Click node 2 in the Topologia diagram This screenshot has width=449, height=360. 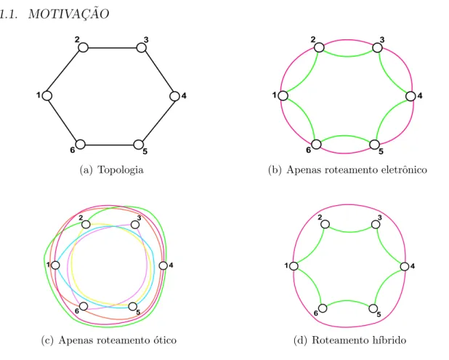coord(83,47)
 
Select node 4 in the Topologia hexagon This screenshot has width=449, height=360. coord(174,96)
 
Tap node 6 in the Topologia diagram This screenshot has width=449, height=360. coord(80,145)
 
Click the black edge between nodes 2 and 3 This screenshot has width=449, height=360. coord(112,47)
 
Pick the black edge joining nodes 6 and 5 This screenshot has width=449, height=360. coord(110,145)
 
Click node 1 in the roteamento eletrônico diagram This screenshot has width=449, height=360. coord(283,96)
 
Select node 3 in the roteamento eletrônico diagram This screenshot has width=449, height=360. coord(377,47)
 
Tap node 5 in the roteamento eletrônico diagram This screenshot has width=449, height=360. coord(375,145)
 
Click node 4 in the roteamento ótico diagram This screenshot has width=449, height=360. coord(163,265)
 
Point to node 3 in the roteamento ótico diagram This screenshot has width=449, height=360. coord(135,225)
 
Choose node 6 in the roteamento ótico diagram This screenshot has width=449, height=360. coord(84,306)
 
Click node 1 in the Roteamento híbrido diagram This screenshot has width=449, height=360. coord(294,266)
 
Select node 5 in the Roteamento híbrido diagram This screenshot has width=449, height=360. coord(373,308)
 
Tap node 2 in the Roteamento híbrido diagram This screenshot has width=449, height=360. coord(325,224)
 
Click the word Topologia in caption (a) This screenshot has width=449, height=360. coord(121,170)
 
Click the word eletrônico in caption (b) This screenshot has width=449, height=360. coord(404,170)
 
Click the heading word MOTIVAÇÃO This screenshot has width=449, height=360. coord(69,14)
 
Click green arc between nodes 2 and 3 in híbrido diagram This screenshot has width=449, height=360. coord(350,231)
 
